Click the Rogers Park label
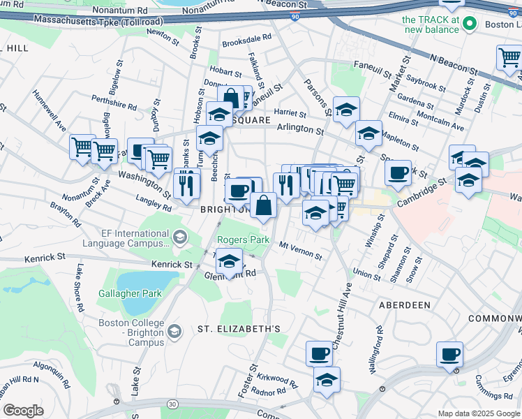point(243,240)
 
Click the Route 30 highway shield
point(172,404)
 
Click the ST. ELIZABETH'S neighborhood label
point(238,328)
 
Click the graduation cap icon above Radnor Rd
point(326,380)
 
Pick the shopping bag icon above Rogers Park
point(263,206)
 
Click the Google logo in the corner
point(23,411)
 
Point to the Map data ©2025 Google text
point(479,414)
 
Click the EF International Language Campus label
point(126,239)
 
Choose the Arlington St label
point(300,130)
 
